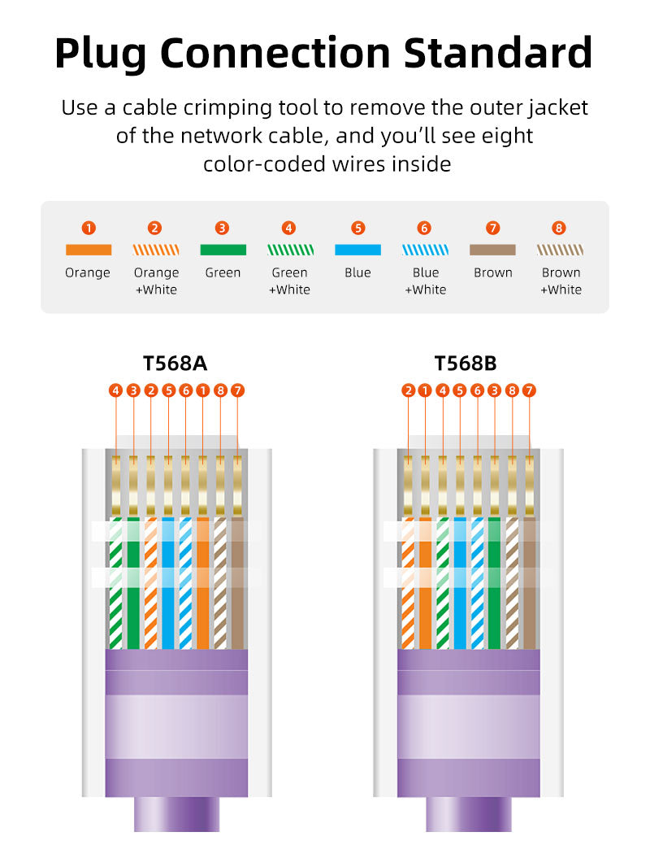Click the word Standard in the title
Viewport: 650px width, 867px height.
click(x=497, y=53)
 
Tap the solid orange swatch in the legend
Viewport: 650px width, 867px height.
click(x=88, y=250)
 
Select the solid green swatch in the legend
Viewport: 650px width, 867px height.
click(x=223, y=250)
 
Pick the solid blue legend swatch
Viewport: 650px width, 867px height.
click(x=357, y=250)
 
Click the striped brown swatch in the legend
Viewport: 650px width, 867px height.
click(x=561, y=250)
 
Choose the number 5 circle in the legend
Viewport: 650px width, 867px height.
click(x=358, y=229)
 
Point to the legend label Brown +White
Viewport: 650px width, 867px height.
click(x=561, y=281)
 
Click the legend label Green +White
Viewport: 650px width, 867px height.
click(x=290, y=281)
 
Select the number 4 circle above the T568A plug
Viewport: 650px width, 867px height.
click(x=116, y=391)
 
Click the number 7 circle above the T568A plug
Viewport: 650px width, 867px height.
click(x=237, y=391)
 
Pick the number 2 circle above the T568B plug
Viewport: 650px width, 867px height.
click(x=408, y=391)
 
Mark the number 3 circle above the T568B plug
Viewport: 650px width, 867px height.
click(x=495, y=391)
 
